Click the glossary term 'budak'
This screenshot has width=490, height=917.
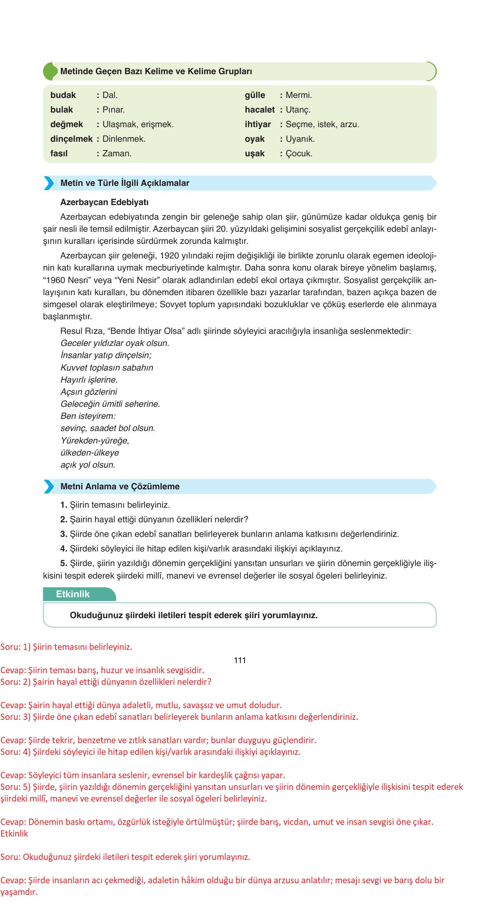[x=63, y=95]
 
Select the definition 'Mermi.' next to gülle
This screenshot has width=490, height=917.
[x=299, y=95]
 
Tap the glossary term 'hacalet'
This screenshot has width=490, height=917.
[x=260, y=110]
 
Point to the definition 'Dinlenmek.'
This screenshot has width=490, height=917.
[x=124, y=139]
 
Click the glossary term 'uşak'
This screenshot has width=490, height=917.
[x=255, y=153]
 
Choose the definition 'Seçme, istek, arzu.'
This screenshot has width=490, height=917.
[x=322, y=124]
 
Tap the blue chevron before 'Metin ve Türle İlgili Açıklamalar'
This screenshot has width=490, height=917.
[x=49, y=183]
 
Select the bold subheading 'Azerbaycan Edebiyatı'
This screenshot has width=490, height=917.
[x=105, y=202]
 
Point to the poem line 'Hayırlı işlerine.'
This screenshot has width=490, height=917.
[x=89, y=380]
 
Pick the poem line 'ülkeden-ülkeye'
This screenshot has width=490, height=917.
[x=90, y=453]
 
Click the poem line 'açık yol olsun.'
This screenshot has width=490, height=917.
[x=87, y=465]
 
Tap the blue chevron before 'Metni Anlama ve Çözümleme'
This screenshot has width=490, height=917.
[x=49, y=486]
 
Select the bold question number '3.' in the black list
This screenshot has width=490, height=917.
[x=64, y=534]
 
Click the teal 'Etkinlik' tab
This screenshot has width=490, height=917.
[x=73, y=594]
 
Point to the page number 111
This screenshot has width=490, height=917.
[x=240, y=660]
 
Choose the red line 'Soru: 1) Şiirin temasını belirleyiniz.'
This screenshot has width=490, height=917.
[x=66, y=647]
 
